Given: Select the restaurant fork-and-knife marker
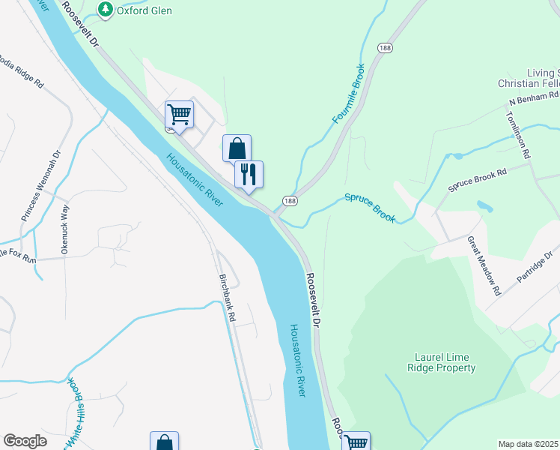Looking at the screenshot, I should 249,174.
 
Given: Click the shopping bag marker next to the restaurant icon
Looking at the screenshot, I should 237,148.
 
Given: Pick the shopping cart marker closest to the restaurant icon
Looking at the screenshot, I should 179,115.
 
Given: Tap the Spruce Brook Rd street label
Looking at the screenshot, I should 478,180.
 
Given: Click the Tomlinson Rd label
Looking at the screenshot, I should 517,135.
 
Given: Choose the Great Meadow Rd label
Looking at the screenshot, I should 484,265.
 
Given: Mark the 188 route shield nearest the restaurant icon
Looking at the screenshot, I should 290,200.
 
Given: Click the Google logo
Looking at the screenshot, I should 25,441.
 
